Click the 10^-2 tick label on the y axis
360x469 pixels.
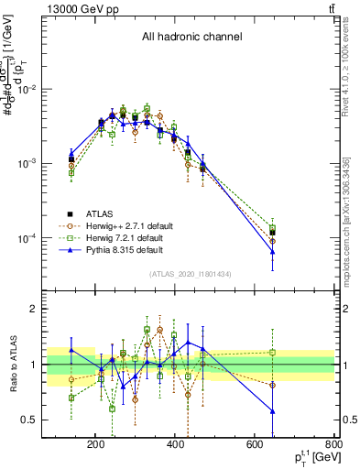click(x=49, y=90)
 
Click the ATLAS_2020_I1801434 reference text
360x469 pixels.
click(x=191, y=274)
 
